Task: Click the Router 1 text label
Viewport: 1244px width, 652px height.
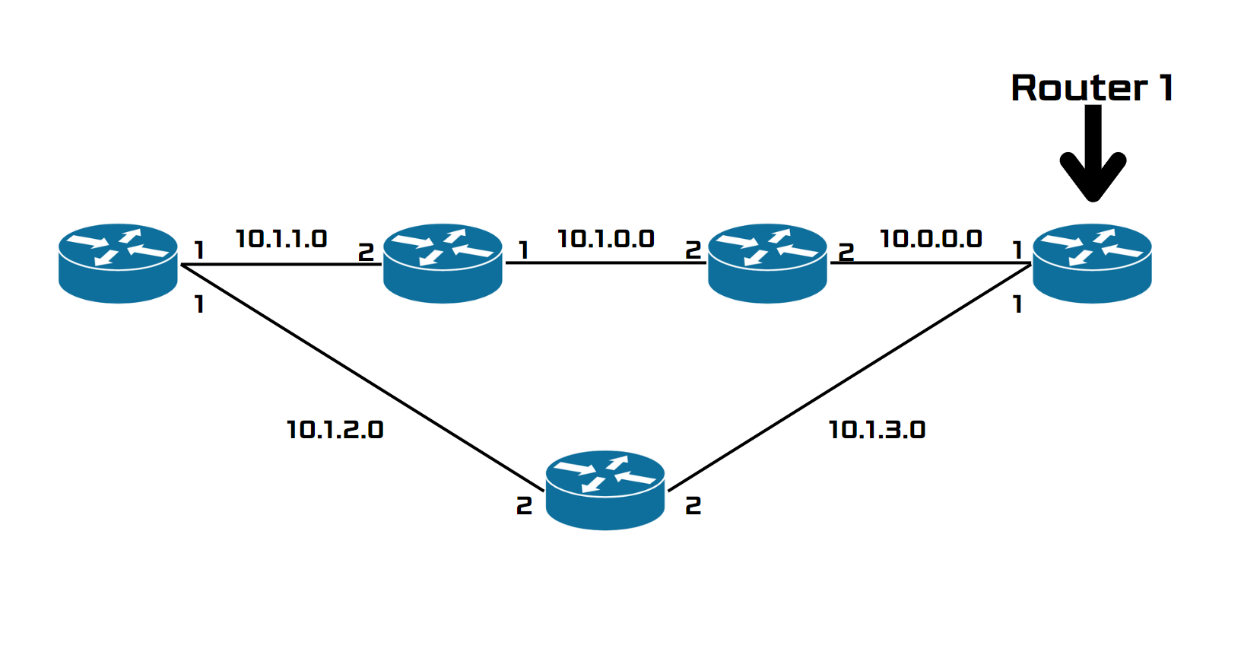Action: pos(1092,88)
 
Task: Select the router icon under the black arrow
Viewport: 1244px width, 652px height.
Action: pos(1092,263)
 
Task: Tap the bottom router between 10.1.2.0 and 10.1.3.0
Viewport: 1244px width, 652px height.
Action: pos(605,490)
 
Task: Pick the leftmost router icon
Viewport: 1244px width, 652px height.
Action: pos(118,263)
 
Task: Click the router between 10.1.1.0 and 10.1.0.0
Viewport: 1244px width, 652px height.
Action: pos(443,263)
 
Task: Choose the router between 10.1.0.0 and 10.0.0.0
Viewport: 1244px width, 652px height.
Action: pos(767,263)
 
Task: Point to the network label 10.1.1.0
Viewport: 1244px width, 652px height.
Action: pos(281,239)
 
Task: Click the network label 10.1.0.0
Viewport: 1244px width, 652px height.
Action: pos(605,239)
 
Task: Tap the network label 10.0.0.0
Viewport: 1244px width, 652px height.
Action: pos(931,239)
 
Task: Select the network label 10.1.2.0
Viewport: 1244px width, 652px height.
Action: pos(335,430)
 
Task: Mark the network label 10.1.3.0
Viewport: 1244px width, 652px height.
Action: pos(877,430)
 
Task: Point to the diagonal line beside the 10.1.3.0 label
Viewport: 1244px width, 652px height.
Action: pos(849,377)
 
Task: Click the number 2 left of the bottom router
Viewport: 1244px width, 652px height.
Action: pos(524,506)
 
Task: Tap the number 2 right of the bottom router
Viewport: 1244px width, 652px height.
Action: pos(693,506)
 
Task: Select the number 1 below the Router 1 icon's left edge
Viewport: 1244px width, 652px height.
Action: pos(1017,305)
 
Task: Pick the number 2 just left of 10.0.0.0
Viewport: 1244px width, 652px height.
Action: pos(846,251)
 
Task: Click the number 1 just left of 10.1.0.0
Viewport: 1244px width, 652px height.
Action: pos(523,250)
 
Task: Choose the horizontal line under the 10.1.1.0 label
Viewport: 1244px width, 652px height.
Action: pos(281,265)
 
